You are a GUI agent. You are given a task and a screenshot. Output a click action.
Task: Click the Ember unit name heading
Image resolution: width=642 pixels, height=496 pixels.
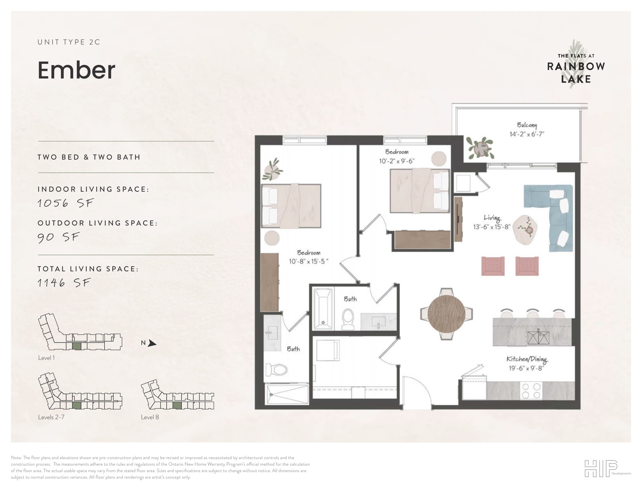click(76, 71)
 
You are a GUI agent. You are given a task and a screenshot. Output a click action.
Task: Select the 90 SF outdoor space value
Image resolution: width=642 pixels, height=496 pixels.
click(58, 237)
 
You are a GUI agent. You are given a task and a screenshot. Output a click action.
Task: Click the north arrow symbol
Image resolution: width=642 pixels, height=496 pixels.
click(151, 343)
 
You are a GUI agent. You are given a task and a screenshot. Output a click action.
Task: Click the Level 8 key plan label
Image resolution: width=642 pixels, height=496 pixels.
click(150, 417)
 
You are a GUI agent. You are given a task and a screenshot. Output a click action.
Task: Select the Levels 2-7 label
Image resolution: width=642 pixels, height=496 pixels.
click(51, 417)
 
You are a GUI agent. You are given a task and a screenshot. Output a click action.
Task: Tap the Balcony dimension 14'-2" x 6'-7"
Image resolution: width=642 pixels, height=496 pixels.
click(527, 134)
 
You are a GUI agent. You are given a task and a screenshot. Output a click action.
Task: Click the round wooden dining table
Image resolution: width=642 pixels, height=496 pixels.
click(446, 314)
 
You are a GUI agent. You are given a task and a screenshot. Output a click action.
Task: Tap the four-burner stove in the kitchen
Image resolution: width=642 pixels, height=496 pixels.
click(531, 390)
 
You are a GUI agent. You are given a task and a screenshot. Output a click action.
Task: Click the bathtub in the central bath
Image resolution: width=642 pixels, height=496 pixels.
click(323, 308)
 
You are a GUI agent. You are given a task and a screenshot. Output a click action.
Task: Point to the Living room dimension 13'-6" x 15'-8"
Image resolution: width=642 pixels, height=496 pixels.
click(491, 227)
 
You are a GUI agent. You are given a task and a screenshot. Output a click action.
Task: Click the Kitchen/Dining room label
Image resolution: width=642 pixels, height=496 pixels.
click(526, 359)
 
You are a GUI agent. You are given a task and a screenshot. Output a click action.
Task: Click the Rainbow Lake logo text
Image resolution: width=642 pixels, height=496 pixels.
click(575, 73)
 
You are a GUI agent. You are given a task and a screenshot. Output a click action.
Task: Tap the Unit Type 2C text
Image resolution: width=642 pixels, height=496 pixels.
click(69, 42)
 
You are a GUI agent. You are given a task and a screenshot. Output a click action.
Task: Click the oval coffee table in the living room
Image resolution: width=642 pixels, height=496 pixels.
click(525, 230)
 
